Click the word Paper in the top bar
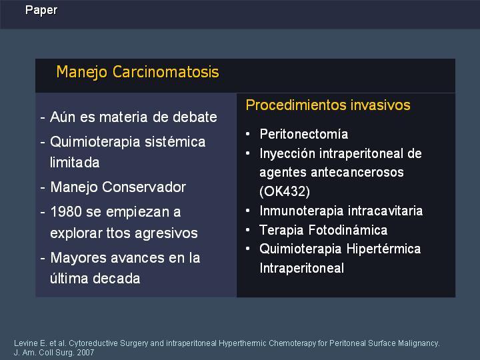click(x=41, y=11)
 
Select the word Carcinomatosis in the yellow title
click(x=165, y=72)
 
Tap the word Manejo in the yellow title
click(x=82, y=73)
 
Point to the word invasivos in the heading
click(x=381, y=105)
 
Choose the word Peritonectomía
click(x=304, y=134)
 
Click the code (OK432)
click(x=285, y=191)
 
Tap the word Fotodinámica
click(x=348, y=230)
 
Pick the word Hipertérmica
click(x=384, y=249)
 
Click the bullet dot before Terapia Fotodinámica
click(x=247, y=229)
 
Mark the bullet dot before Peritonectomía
click(x=247, y=133)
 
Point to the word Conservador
click(x=144, y=187)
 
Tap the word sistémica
click(x=175, y=142)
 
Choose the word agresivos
click(x=166, y=233)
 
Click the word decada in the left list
click(x=116, y=278)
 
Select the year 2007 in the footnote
click(x=85, y=353)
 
